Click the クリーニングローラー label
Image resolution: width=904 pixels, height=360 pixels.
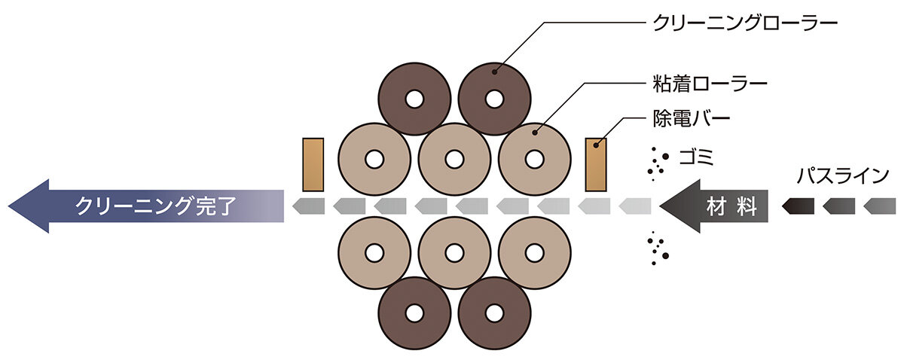pyautogui.click(x=745, y=23)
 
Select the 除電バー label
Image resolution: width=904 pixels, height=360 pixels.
pyautogui.click(x=692, y=119)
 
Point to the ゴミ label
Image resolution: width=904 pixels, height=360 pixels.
pyautogui.click(x=697, y=157)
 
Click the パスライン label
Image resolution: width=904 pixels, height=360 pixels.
pyautogui.click(x=843, y=176)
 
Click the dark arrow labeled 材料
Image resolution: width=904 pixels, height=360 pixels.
pyautogui.click(x=714, y=206)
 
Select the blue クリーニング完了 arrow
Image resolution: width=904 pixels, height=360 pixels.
pyautogui.click(x=146, y=206)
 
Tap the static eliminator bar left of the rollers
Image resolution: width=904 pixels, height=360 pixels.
pyautogui.click(x=313, y=165)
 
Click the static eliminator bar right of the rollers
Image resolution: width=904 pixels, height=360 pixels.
pyautogui.click(x=596, y=165)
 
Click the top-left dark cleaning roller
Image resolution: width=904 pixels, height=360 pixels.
pyautogui.click(x=414, y=84)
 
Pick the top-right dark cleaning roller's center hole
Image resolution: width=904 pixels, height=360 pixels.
pyautogui.click(x=494, y=99)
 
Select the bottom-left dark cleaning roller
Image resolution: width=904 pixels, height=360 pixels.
pyautogui.click(x=414, y=329)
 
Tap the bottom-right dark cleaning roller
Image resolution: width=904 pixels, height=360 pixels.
pyautogui.click(x=494, y=329)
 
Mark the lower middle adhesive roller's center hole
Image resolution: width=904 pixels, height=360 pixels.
pyautogui.click(x=454, y=253)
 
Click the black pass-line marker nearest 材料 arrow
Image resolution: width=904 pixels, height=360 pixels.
pyautogui.click(x=798, y=206)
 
